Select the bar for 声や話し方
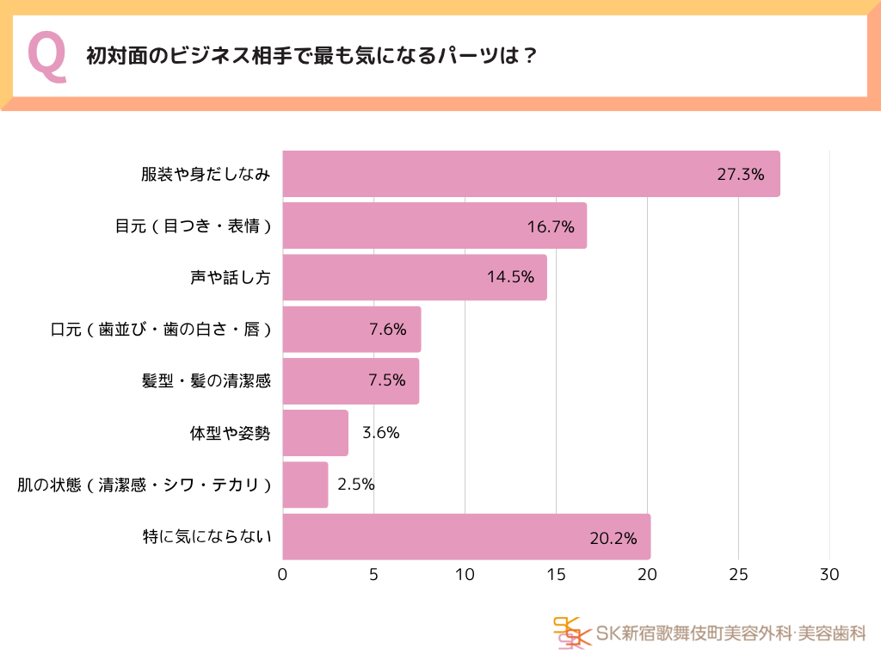(x=414, y=277)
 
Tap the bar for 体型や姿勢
(x=315, y=433)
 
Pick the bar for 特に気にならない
(x=465, y=537)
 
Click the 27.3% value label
(x=740, y=175)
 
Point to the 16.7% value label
(x=551, y=226)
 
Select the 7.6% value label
(x=387, y=329)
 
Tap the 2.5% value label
(x=355, y=484)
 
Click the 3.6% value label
(x=381, y=433)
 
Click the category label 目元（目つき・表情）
(x=194, y=226)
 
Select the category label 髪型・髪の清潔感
(x=206, y=380)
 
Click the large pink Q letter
(x=47, y=57)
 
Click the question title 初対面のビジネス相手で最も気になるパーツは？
(x=311, y=57)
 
